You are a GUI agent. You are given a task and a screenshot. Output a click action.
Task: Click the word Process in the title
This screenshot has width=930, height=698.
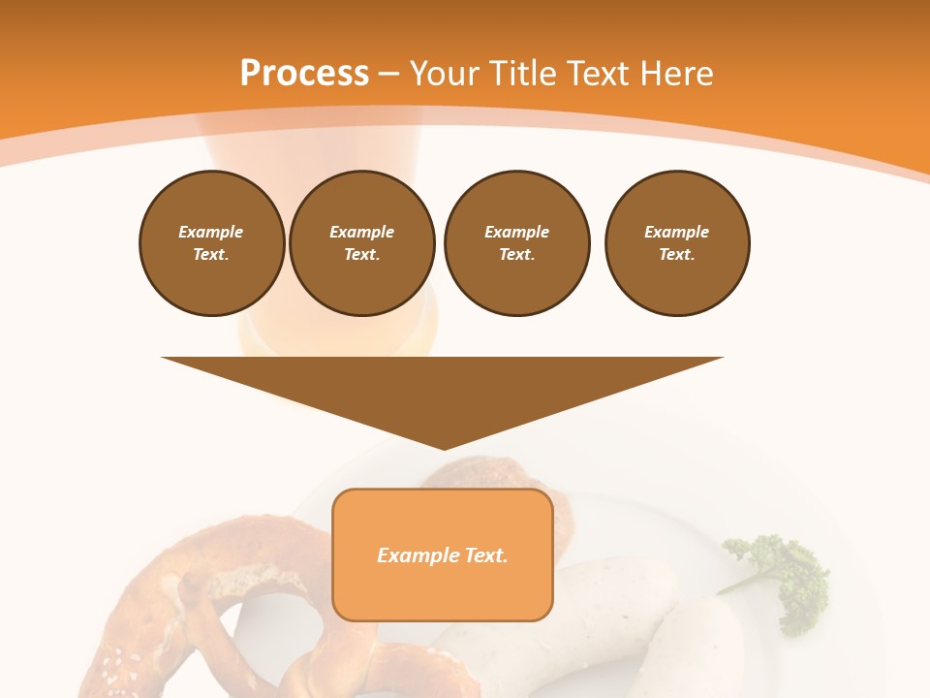(304, 74)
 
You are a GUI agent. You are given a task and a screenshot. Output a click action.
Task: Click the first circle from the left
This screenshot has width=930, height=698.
(212, 243)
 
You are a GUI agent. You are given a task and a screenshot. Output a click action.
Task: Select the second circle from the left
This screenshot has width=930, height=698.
(362, 243)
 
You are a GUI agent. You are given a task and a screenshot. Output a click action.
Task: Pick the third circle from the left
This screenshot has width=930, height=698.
(517, 243)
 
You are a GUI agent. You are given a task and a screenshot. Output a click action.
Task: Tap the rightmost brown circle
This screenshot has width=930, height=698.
(677, 243)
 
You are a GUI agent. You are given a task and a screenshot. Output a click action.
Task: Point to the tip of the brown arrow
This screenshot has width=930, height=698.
(444, 447)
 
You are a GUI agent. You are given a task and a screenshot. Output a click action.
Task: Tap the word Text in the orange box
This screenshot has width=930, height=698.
(483, 555)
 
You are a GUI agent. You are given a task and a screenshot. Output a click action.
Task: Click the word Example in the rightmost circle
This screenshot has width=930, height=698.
(677, 232)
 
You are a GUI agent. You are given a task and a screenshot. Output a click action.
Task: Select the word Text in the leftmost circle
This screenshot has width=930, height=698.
(210, 255)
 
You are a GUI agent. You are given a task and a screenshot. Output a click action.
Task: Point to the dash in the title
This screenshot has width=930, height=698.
(389, 74)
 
